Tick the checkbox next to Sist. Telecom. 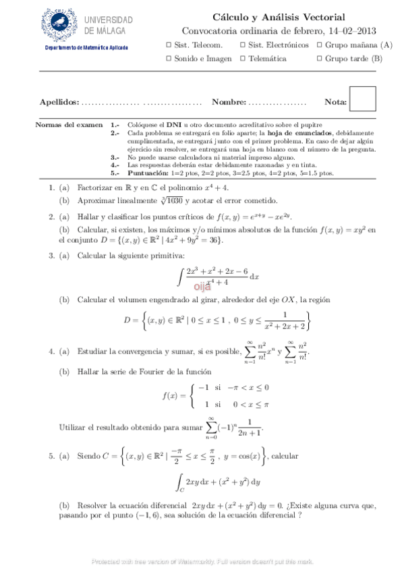[x=169, y=45]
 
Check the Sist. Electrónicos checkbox [x=243, y=45]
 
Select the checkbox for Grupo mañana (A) [x=318, y=45]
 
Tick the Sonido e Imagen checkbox [x=169, y=59]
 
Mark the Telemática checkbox [x=243, y=59]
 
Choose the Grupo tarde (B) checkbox [x=318, y=59]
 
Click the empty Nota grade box [x=363, y=99]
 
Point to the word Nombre [x=228, y=102]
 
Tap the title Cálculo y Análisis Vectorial [x=279, y=17]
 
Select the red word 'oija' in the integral [x=204, y=286]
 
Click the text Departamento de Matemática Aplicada [x=86, y=47]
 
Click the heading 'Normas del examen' [x=68, y=125]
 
